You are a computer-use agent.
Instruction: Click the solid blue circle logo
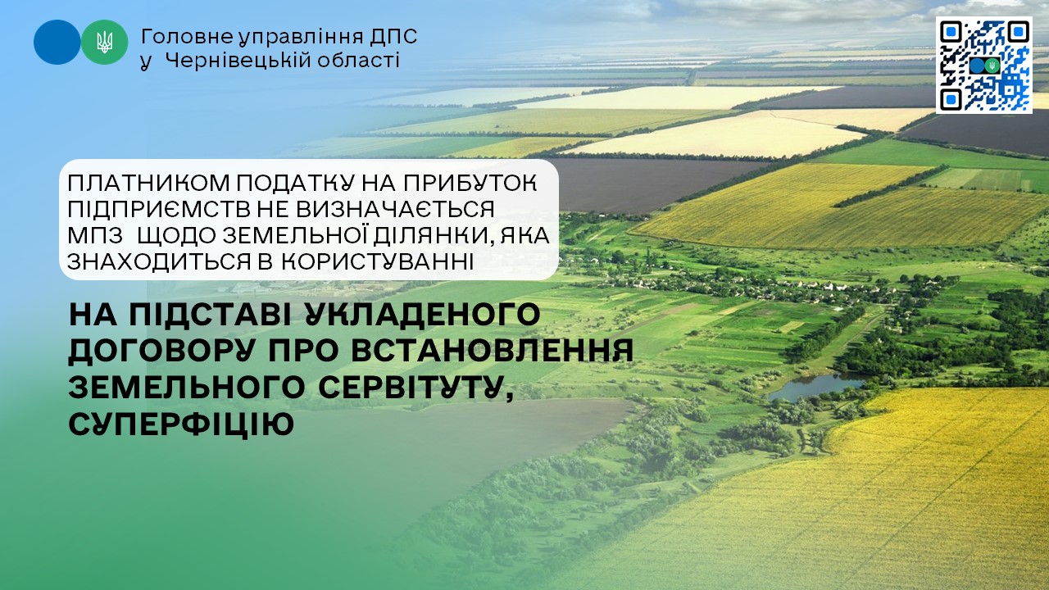(57, 42)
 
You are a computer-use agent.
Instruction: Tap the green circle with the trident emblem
(104, 42)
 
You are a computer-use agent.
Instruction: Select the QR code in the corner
(984, 65)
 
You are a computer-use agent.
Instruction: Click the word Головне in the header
(187, 37)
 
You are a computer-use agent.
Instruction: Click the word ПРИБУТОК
(470, 183)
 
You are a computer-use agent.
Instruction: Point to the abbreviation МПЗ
(95, 235)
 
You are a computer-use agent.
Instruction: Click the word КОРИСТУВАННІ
(378, 261)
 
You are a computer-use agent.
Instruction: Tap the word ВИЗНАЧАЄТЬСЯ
(395, 209)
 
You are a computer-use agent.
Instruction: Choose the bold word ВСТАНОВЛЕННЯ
(493, 351)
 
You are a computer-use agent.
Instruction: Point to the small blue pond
(815, 386)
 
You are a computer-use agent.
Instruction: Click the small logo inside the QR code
(984, 66)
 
